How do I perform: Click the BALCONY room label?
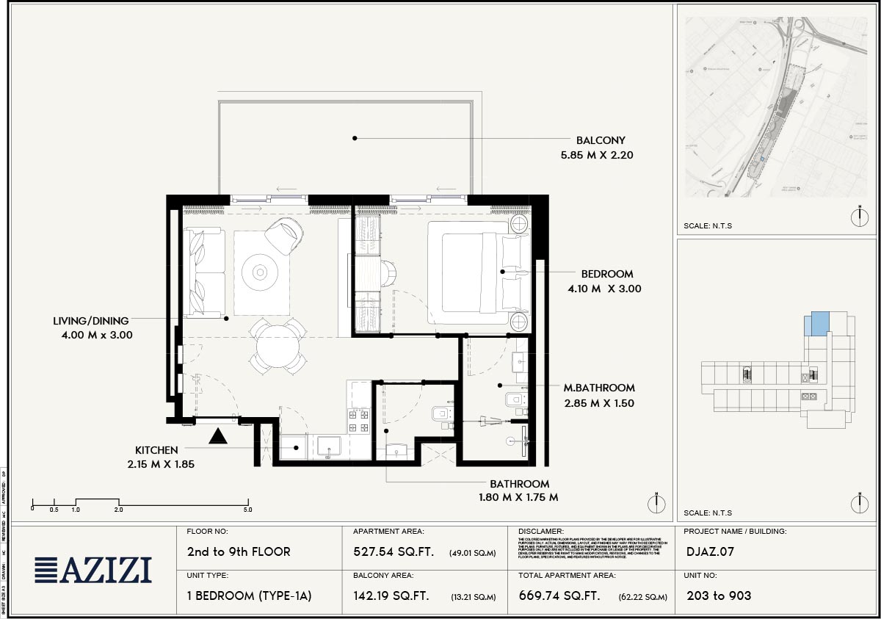pyautogui.click(x=601, y=140)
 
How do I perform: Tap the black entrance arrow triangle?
pyautogui.click(x=217, y=436)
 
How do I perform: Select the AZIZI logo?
pyautogui.click(x=93, y=570)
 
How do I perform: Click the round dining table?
pyautogui.click(x=278, y=347)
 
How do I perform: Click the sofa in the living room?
pyautogui.click(x=205, y=272)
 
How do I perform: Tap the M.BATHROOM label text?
pyautogui.click(x=599, y=388)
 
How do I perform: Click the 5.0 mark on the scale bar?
pyautogui.click(x=247, y=509)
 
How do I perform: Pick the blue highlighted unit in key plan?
pyautogui.click(x=818, y=323)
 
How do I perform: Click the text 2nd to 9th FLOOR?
pyautogui.click(x=239, y=552)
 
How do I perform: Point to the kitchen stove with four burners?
pyautogui.click(x=358, y=420)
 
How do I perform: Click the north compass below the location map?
pyautogui.click(x=859, y=217)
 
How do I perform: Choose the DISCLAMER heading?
pyautogui.click(x=541, y=532)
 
